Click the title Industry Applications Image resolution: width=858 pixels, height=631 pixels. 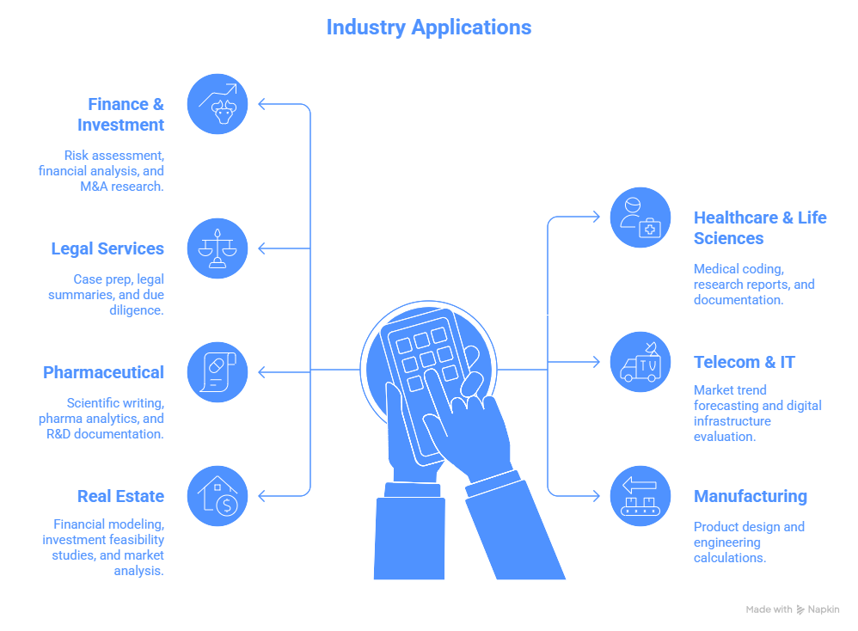428,27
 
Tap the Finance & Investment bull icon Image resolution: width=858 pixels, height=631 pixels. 217,104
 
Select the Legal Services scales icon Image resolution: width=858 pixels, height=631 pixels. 217,248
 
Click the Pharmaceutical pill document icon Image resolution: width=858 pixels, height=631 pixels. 217,372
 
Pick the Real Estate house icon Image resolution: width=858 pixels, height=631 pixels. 217,496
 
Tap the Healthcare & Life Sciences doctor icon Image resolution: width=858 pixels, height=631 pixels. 640,217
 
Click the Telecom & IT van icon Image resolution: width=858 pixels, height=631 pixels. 640,362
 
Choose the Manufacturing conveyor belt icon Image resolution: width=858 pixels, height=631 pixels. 640,496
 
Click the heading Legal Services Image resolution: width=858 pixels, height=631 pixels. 107,248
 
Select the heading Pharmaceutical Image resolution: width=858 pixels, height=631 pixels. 103,372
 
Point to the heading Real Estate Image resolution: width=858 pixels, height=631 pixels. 120,496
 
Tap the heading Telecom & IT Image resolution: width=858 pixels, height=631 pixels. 745,362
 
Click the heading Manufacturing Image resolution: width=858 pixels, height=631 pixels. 751,496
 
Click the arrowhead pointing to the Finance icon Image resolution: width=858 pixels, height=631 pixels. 262,104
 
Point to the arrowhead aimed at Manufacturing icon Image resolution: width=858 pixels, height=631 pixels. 596,496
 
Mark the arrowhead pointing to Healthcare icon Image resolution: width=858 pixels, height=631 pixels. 596,217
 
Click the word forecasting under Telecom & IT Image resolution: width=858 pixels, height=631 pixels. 729,405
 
